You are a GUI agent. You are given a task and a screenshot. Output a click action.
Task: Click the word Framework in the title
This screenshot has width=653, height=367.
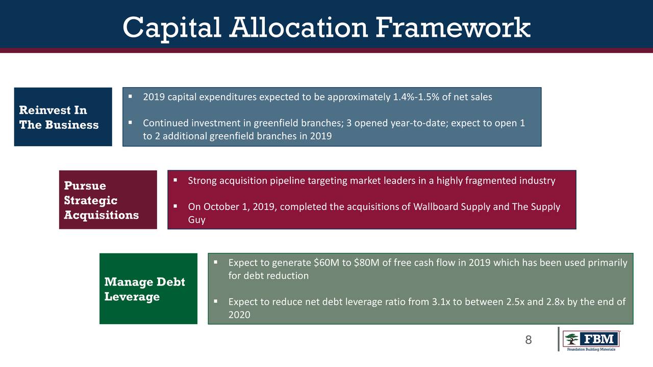click(x=453, y=28)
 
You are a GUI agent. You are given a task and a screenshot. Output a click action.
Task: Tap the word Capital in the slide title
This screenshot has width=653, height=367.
click(x=172, y=29)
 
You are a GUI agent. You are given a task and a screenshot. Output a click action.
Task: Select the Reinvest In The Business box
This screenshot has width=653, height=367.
click(x=63, y=117)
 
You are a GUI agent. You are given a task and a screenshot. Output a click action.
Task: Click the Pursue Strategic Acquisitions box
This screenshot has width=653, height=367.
click(x=108, y=200)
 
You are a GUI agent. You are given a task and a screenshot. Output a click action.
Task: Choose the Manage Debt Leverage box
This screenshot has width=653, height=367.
click(x=148, y=289)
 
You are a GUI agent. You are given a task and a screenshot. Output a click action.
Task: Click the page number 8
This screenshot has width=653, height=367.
click(x=528, y=340)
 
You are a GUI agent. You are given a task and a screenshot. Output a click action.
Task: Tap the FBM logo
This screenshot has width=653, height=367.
click(x=591, y=340)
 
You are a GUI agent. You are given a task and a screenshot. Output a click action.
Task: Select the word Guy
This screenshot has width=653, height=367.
click(x=197, y=220)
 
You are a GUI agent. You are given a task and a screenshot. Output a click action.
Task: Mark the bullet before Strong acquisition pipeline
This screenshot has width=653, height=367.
click(x=175, y=180)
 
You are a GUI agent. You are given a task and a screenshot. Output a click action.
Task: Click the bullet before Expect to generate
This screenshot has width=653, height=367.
click(x=216, y=262)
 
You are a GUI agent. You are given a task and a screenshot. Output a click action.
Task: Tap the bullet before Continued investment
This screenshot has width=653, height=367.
click(x=130, y=123)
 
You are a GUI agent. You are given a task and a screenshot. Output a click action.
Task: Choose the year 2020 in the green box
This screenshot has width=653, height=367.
click(x=239, y=315)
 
